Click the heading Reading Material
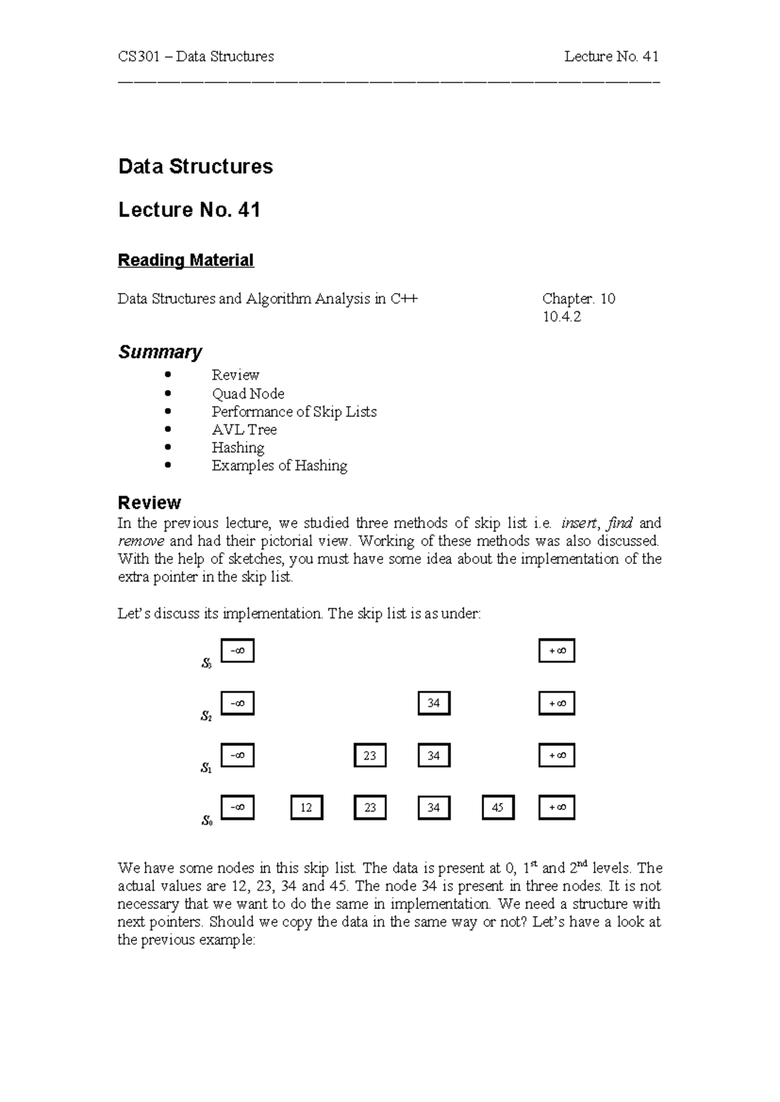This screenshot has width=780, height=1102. click(185, 261)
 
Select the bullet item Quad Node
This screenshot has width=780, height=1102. click(248, 394)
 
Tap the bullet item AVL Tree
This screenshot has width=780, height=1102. click(244, 429)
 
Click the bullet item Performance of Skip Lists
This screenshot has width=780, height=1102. click(294, 412)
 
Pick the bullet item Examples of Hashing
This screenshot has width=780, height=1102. click(279, 466)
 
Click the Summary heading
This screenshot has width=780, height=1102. click(159, 352)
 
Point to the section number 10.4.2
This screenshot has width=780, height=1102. click(561, 317)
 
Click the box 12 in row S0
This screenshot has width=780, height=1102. click(306, 808)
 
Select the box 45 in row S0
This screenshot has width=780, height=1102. click(498, 808)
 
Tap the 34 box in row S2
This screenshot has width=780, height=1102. click(434, 703)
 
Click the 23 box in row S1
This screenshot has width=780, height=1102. click(370, 756)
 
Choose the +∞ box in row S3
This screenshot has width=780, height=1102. click(557, 650)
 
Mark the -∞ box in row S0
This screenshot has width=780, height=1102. click(237, 807)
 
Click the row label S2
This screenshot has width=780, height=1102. click(206, 717)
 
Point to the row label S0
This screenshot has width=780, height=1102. click(206, 821)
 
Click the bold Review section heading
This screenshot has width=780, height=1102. click(149, 503)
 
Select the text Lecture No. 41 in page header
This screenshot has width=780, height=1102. click(611, 57)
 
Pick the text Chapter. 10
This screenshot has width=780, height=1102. click(578, 299)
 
